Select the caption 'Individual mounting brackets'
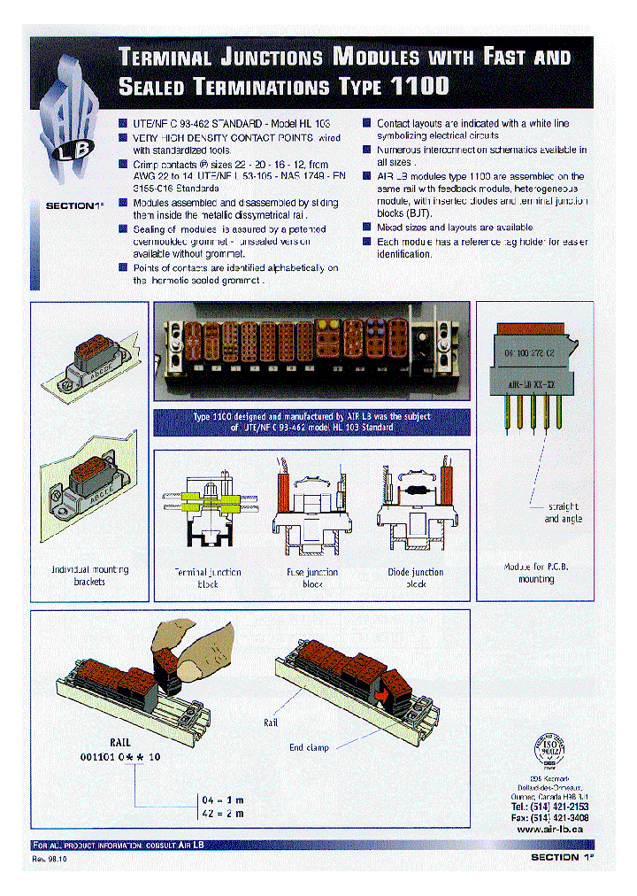tap(89, 575)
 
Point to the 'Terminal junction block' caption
tap(208, 577)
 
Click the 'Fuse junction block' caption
tap(312, 577)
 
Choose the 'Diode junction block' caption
tap(416, 577)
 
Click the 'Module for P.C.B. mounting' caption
tap(536, 572)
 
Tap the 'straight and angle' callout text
tap(563, 513)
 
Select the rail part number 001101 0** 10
tap(120, 757)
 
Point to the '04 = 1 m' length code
tap(221, 799)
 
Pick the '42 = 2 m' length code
tap(221, 813)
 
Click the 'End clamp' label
tap(309, 747)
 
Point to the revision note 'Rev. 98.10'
tap(50, 860)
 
